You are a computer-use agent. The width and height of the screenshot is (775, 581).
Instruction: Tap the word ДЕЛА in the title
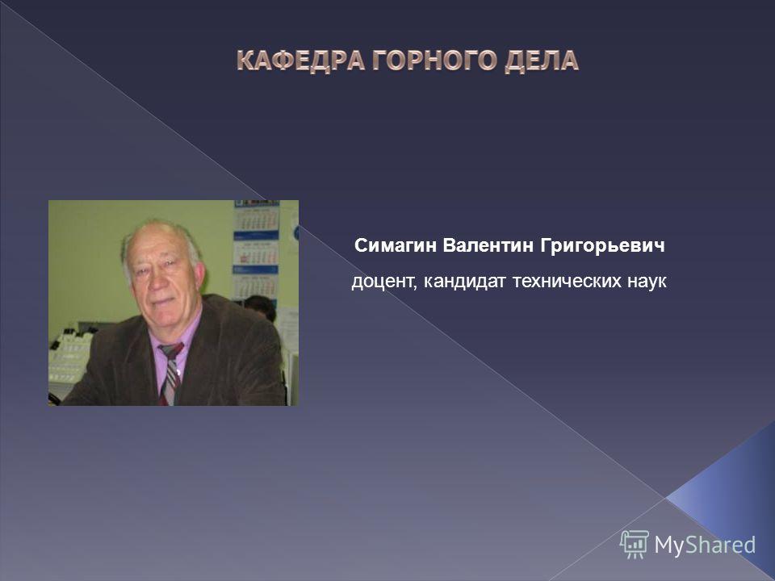point(542,61)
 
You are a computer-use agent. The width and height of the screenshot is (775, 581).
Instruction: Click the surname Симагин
point(396,245)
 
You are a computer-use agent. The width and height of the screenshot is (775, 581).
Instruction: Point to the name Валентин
point(488,245)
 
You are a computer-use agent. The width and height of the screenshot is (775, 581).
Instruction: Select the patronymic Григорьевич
point(602,245)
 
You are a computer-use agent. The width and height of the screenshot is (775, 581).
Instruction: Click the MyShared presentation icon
point(635,544)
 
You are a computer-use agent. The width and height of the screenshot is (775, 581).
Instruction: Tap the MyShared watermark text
point(705,545)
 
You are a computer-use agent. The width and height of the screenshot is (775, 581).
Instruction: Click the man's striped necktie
point(170,374)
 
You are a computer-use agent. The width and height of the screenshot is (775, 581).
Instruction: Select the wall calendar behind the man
point(257,250)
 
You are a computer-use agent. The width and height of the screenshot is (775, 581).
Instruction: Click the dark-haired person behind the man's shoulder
point(261,307)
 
